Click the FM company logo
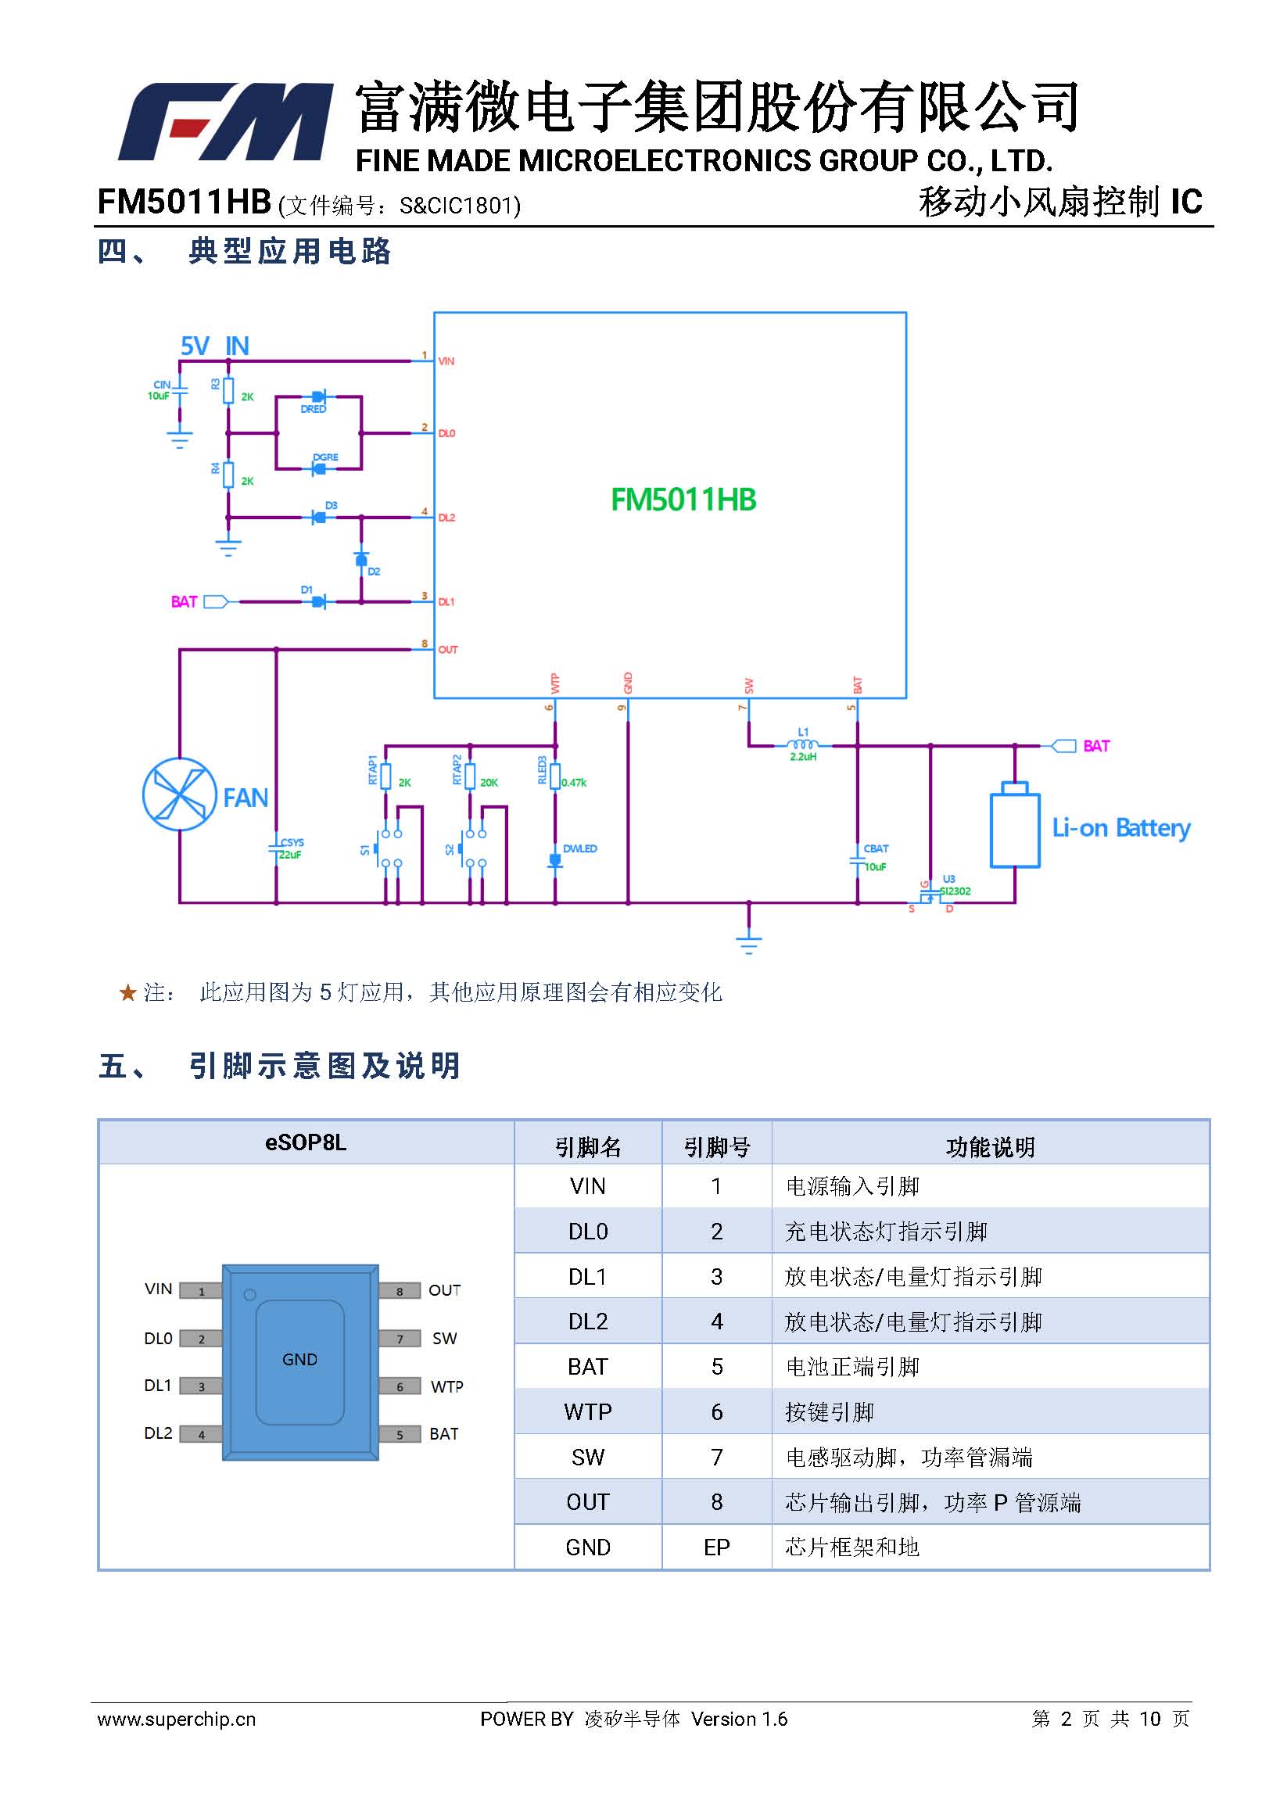tap(225, 121)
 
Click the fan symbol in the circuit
tap(180, 794)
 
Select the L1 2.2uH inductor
tap(803, 745)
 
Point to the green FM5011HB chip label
tap(683, 500)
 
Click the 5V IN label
tap(215, 346)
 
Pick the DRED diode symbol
tap(318, 396)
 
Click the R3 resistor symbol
tap(228, 390)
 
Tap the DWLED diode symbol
tap(555, 860)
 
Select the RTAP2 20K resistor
tap(470, 776)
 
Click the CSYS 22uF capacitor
tap(277, 849)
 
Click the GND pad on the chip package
tap(299, 1360)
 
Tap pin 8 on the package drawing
tap(400, 1291)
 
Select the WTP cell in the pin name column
tap(587, 1411)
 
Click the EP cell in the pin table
tap(716, 1547)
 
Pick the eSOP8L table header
tap(306, 1142)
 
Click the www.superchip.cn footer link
tap(177, 1718)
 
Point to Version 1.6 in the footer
tap(739, 1718)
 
